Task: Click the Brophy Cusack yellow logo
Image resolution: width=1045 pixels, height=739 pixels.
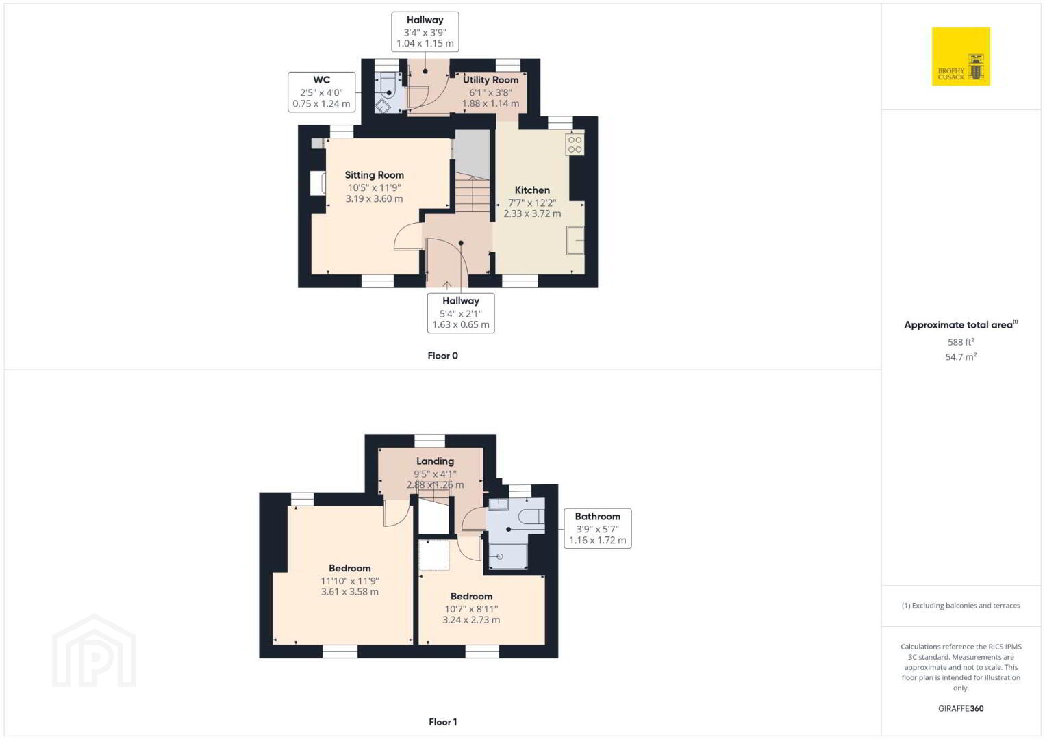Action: pyautogui.click(x=961, y=56)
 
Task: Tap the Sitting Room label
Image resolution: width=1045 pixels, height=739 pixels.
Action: pyautogui.click(x=374, y=175)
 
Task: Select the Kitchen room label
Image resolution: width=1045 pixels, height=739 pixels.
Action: pyautogui.click(x=532, y=190)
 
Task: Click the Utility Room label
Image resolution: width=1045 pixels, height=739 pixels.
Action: pyautogui.click(x=490, y=80)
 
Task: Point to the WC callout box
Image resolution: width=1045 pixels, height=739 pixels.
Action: pyautogui.click(x=321, y=92)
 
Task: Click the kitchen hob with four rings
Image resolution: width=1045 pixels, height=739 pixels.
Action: pyautogui.click(x=575, y=144)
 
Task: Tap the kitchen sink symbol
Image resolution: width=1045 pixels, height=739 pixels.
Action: pyautogui.click(x=575, y=240)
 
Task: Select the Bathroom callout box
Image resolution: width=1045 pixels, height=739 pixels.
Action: pyautogui.click(x=598, y=528)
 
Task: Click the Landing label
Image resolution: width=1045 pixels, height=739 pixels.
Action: pyautogui.click(x=435, y=461)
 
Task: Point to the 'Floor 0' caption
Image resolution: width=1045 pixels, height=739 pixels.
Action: pyautogui.click(x=443, y=356)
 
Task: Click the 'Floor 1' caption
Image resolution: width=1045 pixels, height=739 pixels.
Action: pyautogui.click(x=443, y=722)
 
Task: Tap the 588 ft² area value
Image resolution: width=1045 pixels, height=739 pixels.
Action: pyautogui.click(x=961, y=341)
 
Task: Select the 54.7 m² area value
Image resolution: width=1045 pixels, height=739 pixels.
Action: pyautogui.click(x=961, y=356)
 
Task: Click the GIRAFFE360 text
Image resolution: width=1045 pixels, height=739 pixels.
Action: pyautogui.click(x=961, y=708)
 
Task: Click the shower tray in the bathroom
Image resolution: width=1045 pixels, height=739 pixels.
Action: pyautogui.click(x=507, y=556)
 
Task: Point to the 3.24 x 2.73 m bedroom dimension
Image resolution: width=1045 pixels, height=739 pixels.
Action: pyautogui.click(x=471, y=620)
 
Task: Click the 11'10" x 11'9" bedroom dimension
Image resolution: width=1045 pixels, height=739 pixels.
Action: pyautogui.click(x=349, y=580)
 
